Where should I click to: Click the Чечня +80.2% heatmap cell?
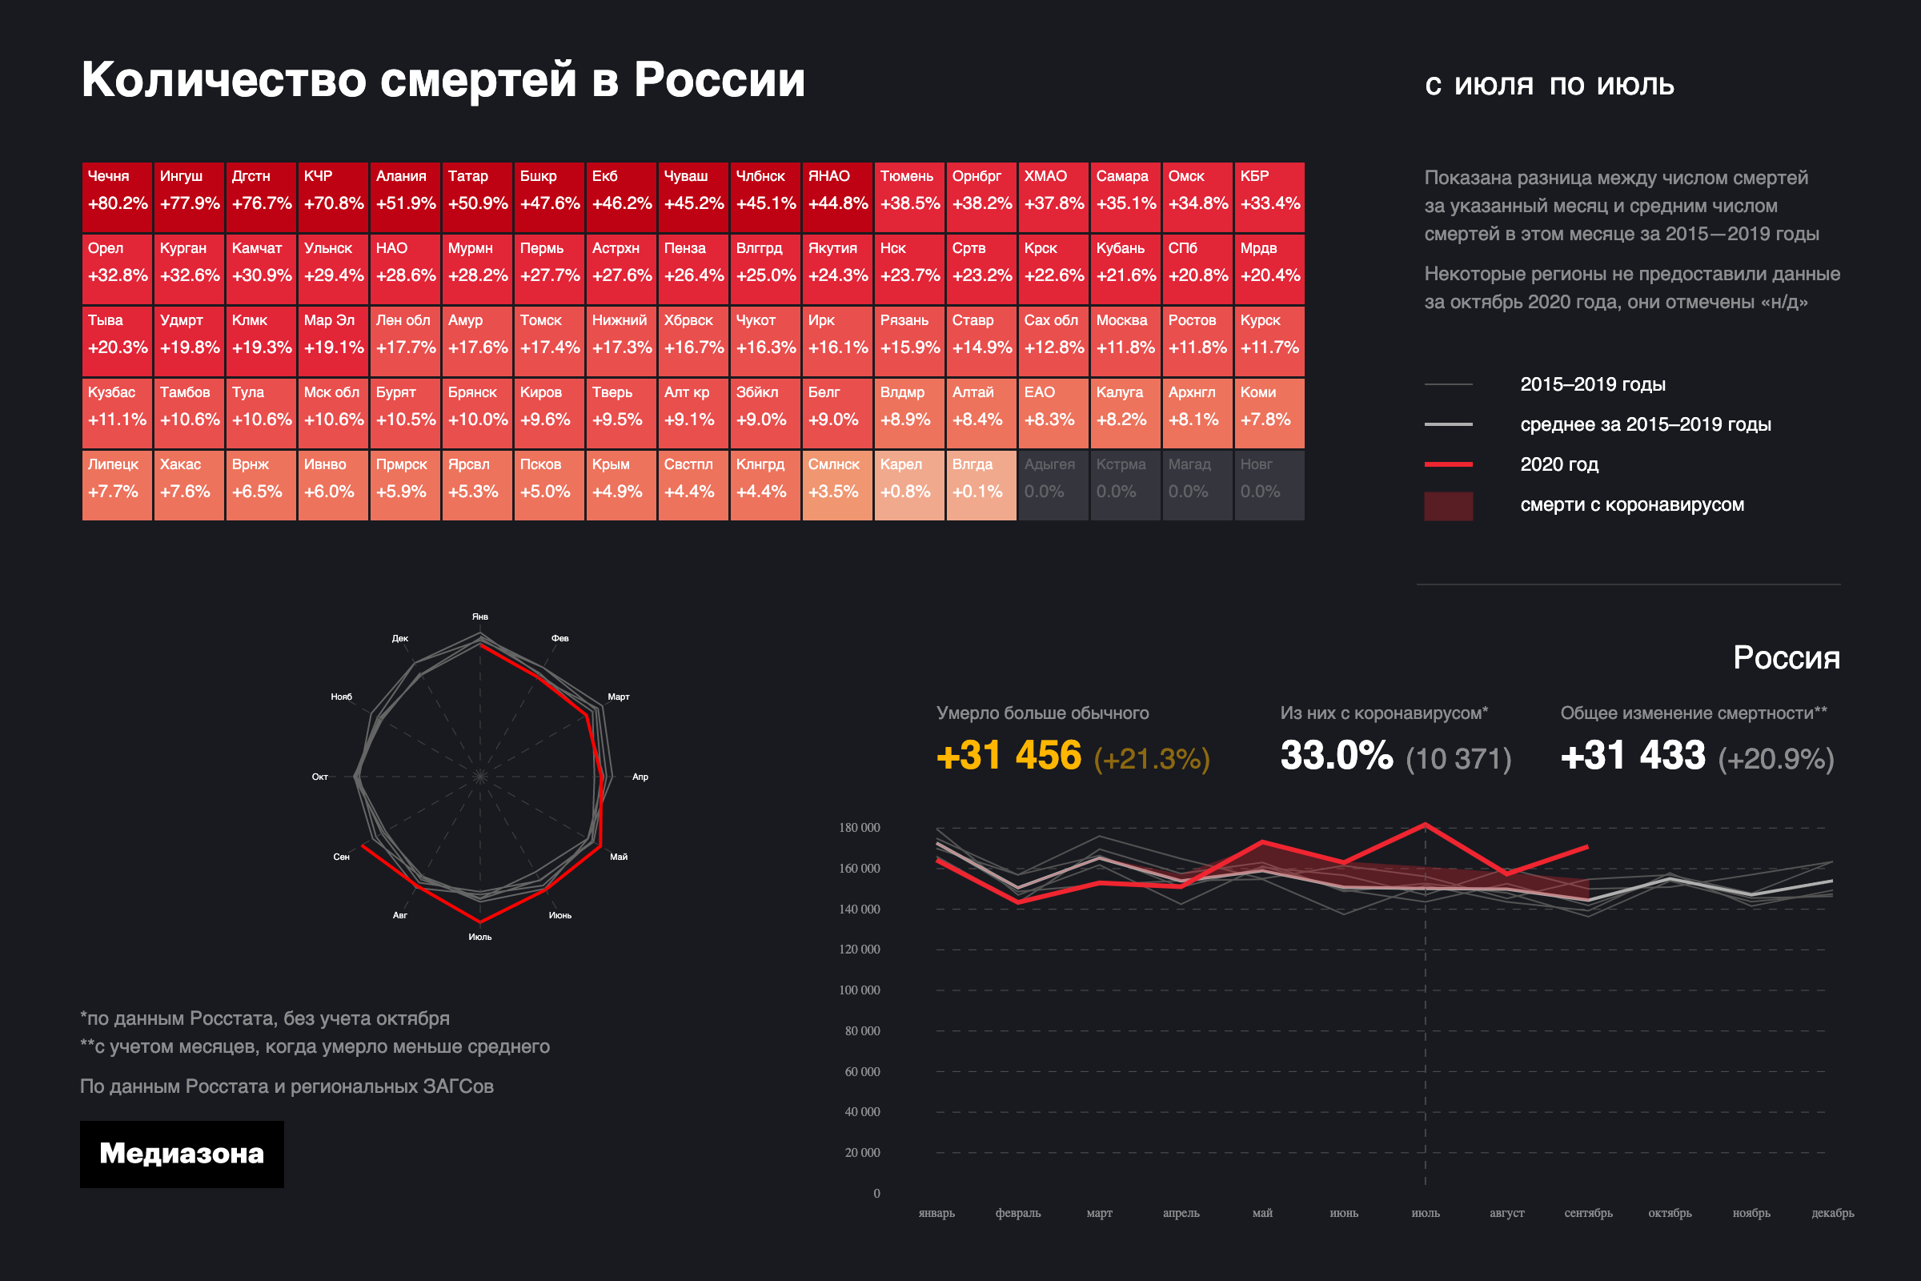117,197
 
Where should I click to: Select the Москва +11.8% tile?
1125,341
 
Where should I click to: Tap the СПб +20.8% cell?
1197,269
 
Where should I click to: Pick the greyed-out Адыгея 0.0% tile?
1053,484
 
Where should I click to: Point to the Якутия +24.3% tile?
837,269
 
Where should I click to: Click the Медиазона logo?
182,1154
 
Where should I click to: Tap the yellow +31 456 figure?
1009,756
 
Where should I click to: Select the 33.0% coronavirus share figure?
1336,756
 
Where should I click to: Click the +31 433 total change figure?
1633,756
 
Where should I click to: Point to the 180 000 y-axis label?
859,828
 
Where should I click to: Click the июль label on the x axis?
1426,1213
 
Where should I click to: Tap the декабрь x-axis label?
1832,1213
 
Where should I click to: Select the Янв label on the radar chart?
480,616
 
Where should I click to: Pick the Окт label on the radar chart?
320,777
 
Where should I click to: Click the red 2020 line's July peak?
1426,825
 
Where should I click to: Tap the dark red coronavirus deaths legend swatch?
1448,506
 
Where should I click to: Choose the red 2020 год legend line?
1448,464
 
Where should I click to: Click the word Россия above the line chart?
1787,658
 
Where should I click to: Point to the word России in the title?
720,80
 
